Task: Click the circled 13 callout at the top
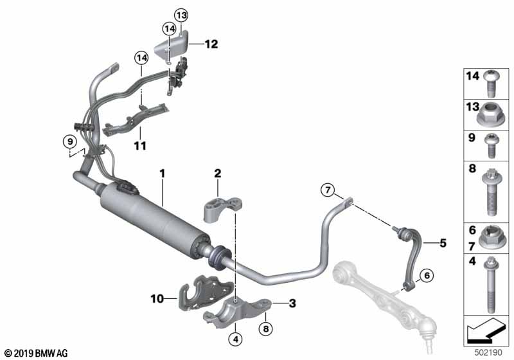[x=181, y=15]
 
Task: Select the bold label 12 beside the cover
[x=211, y=44]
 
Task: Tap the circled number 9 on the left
[x=70, y=142]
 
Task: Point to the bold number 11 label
[x=140, y=145]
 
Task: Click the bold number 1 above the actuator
[x=163, y=174]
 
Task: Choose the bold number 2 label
[x=218, y=174]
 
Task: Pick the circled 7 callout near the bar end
[x=328, y=190]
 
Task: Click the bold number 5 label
[x=443, y=243]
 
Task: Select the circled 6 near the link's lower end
[x=427, y=275]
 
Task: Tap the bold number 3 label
[x=292, y=303]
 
